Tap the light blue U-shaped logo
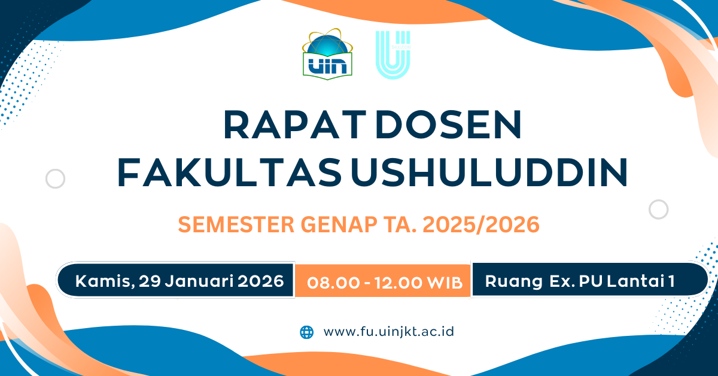click(393, 55)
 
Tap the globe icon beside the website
click(306, 332)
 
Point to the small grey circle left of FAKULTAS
click(55, 178)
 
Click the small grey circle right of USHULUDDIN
click(658, 209)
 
